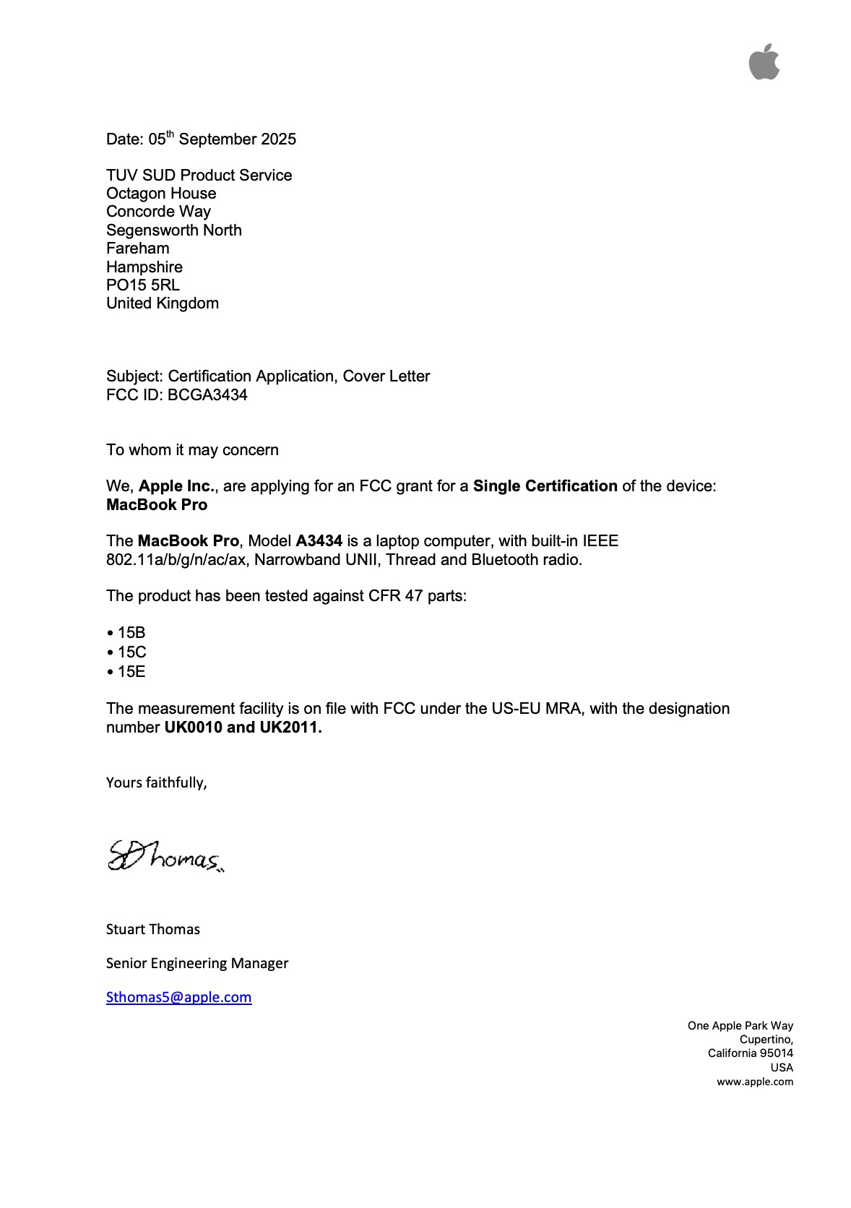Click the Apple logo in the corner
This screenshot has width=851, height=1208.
(x=764, y=62)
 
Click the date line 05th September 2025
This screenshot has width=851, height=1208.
(x=201, y=139)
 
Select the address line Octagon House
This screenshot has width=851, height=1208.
(x=161, y=194)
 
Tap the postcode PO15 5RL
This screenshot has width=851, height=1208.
(x=143, y=285)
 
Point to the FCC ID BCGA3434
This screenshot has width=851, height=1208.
(x=207, y=395)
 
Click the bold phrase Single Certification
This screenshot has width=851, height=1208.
(x=545, y=486)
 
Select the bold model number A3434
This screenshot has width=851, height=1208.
(x=319, y=541)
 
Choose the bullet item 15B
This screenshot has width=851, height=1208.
(x=131, y=633)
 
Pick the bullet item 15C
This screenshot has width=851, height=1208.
(x=131, y=652)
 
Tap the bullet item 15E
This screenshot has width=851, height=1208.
(x=131, y=672)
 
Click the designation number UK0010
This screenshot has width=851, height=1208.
(x=193, y=728)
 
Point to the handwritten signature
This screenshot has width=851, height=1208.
(x=165, y=857)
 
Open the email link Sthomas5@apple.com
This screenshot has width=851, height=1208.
(x=178, y=998)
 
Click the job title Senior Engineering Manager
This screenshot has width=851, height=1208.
(x=197, y=964)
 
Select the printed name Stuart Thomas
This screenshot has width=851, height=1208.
(x=153, y=930)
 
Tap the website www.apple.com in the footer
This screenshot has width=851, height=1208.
(x=754, y=1082)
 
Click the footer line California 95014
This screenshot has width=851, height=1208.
(x=750, y=1053)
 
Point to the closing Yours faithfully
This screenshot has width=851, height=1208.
(x=157, y=783)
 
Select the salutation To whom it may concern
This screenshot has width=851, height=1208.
(x=192, y=450)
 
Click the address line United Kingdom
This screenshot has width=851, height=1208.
(x=163, y=303)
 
